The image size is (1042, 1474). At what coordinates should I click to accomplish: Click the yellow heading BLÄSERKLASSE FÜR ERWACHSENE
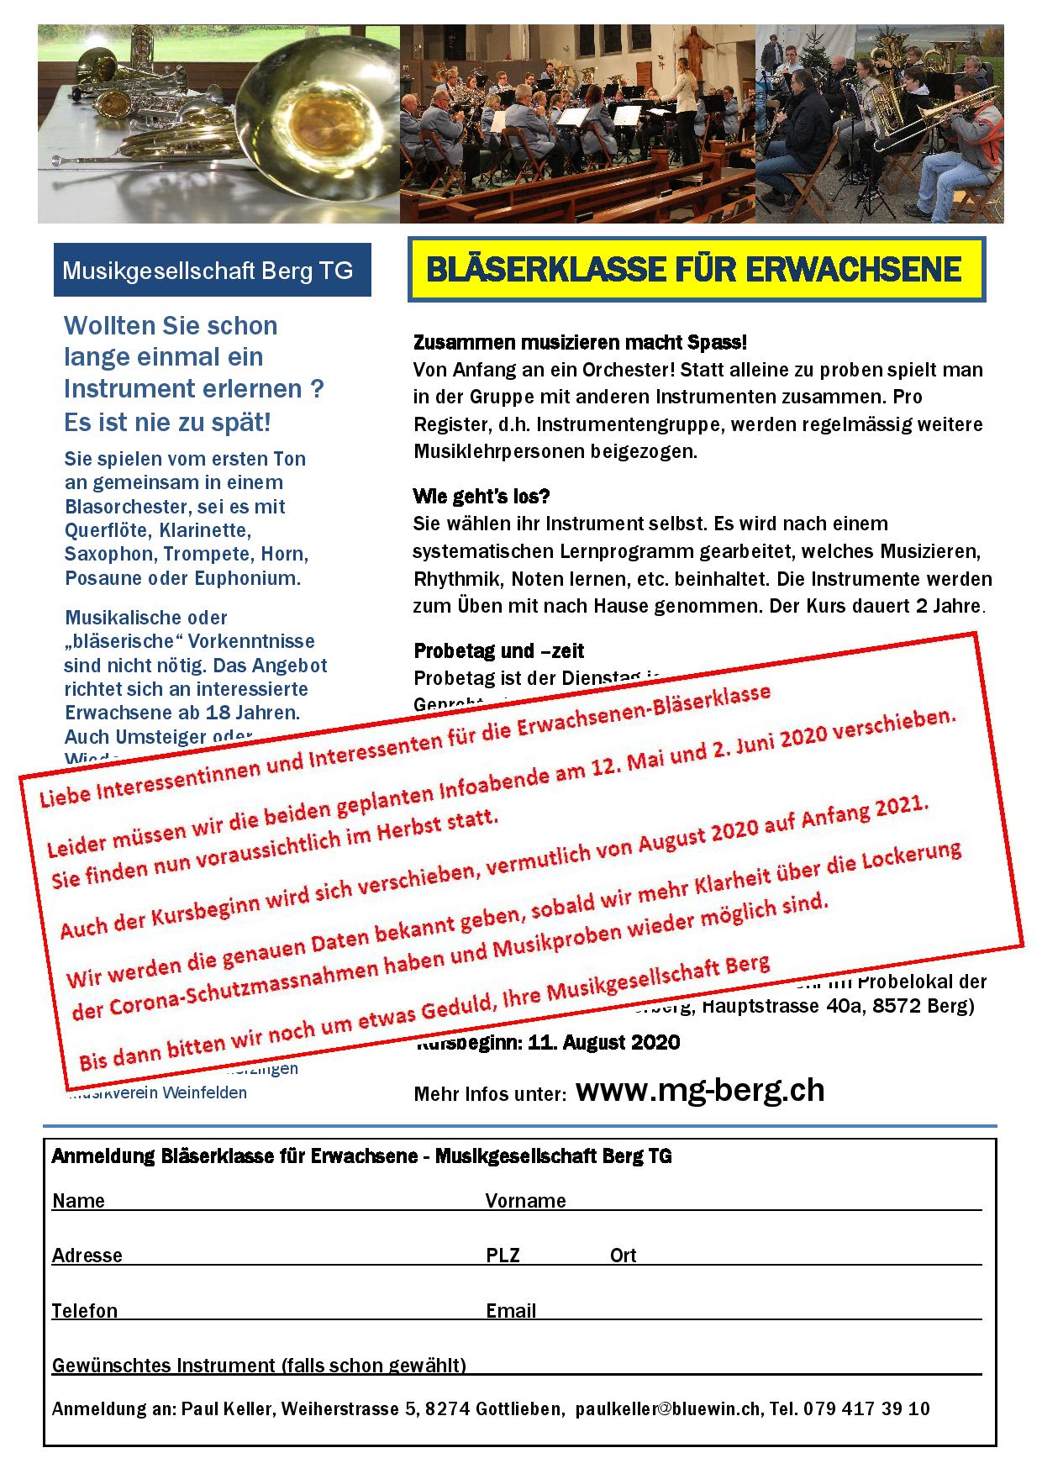[x=694, y=270]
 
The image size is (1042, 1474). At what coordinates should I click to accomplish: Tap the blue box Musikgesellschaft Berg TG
[x=208, y=271]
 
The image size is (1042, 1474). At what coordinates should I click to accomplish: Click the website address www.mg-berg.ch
[x=700, y=1090]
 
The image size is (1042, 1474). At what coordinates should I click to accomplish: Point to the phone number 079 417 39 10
[x=866, y=1409]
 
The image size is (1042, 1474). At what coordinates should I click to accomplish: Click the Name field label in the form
[x=78, y=1201]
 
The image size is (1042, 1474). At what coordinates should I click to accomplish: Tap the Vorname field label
[x=525, y=1201]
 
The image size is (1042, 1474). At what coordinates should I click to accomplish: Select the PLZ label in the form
[x=503, y=1256]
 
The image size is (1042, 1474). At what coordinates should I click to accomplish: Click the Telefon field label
[x=85, y=1311]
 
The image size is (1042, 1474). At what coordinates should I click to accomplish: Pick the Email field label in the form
[x=511, y=1311]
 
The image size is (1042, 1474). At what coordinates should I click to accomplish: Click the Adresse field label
[x=87, y=1256]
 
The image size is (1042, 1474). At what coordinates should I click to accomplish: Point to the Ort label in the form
[x=623, y=1256]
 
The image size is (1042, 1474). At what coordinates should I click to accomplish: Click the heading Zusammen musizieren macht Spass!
[x=580, y=343]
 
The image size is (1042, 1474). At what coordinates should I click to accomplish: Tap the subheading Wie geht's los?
[x=482, y=496]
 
